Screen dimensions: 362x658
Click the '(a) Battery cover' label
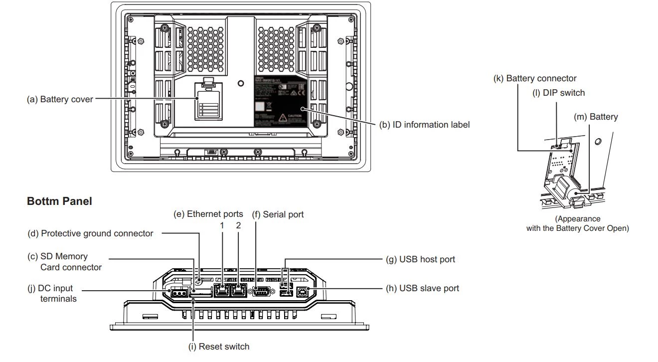pyautogui.click(x=60, y=99)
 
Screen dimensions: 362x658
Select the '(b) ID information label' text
pyautogui.click(x=425, y=125)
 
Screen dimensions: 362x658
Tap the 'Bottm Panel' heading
pyautogui.click(x=59, y=201)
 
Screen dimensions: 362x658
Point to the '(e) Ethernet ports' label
pyautogui.click(x=208, y=214)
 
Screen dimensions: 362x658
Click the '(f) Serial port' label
pyautogui.click(x=278, y=214)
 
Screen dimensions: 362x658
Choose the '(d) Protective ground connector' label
pyautogui.click(x=91, y=233)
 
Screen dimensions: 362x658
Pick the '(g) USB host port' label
pyautogui.click(x=420, y=259)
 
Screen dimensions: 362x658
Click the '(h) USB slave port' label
pyautogui.click(x=422, y=288)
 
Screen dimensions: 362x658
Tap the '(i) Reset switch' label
pyautogui.click(x=219, y=347)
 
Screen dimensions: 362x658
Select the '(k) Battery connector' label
pyautogui.click(x=534, y=78)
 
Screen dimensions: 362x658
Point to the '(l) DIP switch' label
pyautogui.click(x=558, y=93)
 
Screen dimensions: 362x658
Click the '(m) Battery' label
pyautogui.click(x=596, y=117)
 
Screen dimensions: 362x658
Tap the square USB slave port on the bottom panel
pyautogui.click(x=302, y=293)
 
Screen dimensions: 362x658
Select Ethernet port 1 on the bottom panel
pyautogui.click(x=221, y=291)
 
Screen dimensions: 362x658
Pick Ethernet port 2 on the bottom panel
pyautogui.click(x=239, y=291)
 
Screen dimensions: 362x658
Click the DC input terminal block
pyautogui.click(x=178, y=293)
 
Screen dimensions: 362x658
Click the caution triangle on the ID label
pyautogui.click(x=283, y=118)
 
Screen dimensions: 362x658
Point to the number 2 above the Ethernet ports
pyautogui.click(x=238, y=225)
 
